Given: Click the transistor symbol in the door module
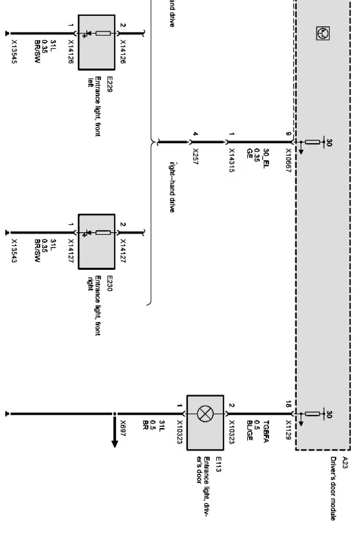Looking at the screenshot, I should [322, 34].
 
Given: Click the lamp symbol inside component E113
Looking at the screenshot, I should [204, 414].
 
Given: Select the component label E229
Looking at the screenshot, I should [110, 84].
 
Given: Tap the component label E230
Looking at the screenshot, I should [110, 283].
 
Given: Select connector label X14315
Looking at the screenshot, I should [231, 160].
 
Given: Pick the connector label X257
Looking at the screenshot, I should [195, 156].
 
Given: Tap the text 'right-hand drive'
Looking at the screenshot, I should [172, 187].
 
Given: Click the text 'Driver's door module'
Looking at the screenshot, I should [333, 489].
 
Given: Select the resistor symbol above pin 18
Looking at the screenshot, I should [312, 414].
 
